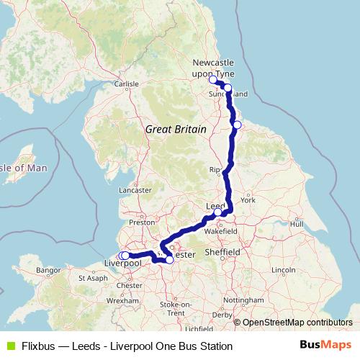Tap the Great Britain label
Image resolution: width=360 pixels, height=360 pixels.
point(176,129)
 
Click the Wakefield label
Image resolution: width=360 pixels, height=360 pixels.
point(220,233)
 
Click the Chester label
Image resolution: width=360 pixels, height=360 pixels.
point(134,286)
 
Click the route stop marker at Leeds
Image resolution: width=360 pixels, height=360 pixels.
point(217,212)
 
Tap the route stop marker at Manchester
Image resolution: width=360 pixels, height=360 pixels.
point(170,260)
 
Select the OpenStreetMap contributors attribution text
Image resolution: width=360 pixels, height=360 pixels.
point(297,323)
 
